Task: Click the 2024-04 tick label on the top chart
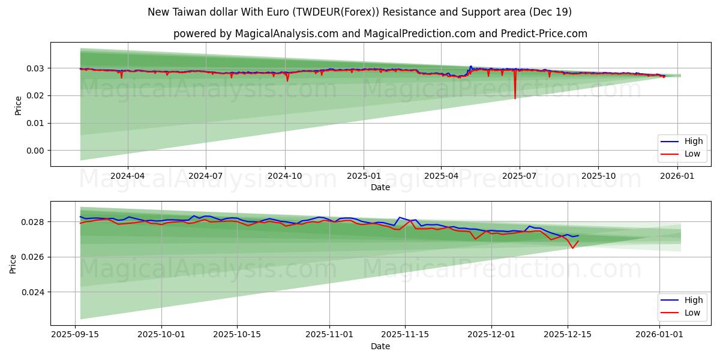point(127,176)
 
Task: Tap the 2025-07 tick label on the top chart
point(520,176)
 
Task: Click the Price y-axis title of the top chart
point(19,106)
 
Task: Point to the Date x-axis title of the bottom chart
point(380,346)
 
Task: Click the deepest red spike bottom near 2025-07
point(515,98)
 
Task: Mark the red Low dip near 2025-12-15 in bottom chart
point(572,248)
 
